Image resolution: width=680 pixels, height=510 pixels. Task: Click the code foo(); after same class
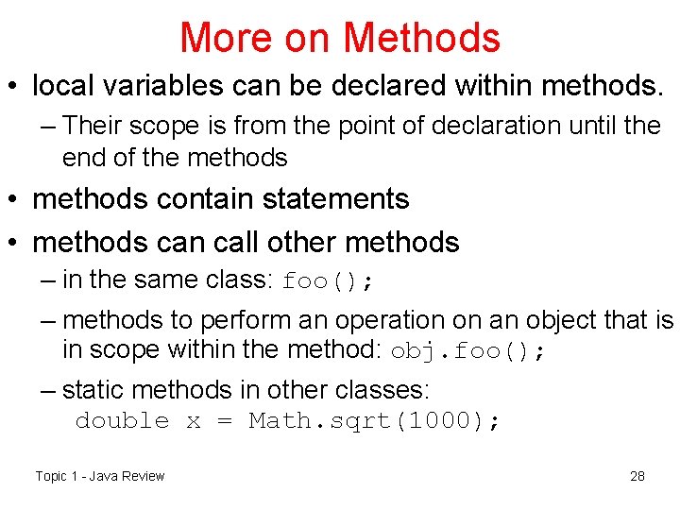(330, 281)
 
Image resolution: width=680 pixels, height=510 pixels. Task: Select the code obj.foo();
(468, 351)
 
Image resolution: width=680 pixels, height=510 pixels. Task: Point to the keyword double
(122, 421)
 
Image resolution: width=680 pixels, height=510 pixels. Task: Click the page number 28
(637, 476)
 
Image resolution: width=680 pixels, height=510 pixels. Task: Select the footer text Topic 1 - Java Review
(100, 476)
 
